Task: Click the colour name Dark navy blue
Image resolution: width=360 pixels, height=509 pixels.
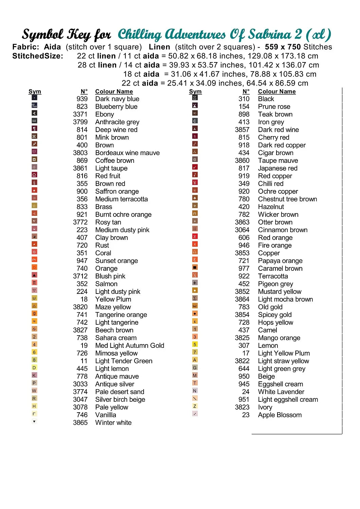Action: (117, 99)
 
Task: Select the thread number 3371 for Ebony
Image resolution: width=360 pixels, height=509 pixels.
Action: (80, 114)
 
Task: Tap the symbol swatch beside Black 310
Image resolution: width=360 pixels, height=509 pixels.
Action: (195, 98)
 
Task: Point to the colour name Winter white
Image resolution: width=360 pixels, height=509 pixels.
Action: (113, 423)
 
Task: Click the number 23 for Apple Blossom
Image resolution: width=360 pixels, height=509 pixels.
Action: (246, 415)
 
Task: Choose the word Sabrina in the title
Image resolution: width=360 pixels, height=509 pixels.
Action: (270, 34)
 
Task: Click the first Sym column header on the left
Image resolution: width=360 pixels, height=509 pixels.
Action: (35, 92)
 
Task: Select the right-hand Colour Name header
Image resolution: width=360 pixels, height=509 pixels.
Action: (277, 92)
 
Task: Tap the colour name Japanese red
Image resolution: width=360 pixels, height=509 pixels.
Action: (277, 168)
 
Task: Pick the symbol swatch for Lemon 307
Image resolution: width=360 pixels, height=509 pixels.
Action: (195, 344)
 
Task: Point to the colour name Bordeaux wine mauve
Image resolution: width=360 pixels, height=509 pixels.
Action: (127, 153)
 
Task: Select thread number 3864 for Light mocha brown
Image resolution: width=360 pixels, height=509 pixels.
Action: (242, 299)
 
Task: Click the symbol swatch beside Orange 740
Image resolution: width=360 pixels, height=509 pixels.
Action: (34, 267)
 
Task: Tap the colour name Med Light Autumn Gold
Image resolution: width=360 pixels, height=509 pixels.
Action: (130, 345)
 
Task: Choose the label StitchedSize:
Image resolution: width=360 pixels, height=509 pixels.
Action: (38, 56)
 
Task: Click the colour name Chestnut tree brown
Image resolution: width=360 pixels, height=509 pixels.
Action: (287, 199)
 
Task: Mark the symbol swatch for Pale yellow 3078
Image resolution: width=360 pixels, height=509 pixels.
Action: (34, 406)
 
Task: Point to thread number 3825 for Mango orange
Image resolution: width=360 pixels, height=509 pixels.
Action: (242, 338)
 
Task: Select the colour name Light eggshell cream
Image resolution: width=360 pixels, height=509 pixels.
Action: (288, 400)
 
